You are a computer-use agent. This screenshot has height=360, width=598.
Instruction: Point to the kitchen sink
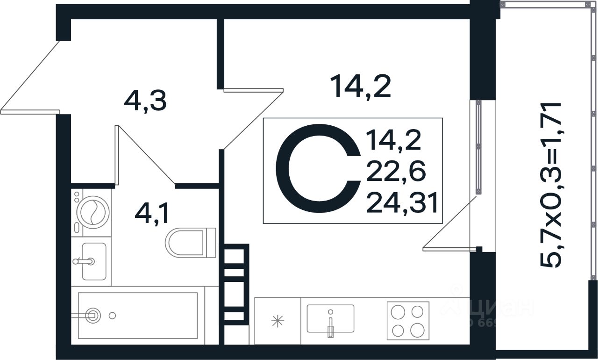330,319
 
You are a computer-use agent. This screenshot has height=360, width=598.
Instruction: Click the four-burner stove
407,320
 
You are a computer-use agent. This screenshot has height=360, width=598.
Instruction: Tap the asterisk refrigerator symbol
278,321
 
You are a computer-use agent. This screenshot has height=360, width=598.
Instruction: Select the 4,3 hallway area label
145,101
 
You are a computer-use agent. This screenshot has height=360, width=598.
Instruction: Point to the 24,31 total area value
402,203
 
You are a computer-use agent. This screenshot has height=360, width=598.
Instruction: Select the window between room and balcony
478,147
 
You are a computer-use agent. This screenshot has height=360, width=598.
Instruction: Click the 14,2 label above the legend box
360,87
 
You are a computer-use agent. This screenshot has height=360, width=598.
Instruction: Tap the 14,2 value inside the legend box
394,140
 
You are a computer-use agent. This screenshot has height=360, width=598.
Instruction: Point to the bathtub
138,316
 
